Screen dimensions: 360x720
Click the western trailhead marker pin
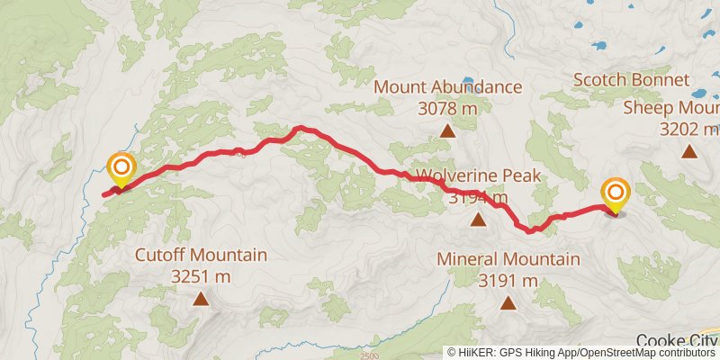pos(120,169)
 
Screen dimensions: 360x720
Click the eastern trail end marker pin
pos(616,194)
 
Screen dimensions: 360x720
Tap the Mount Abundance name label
pos(448,87)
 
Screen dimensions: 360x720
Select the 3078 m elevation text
pos(447,109)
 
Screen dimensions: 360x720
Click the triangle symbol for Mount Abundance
pos(447,131)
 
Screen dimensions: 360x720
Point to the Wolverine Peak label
pos(478,175)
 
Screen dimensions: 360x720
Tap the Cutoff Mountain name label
pos(201,255)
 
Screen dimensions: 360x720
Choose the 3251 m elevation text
pos(201,275)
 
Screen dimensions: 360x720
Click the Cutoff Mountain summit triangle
pos(201,298)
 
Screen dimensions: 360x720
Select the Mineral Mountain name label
pos(508,259)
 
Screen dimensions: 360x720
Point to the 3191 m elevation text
pos(508,281)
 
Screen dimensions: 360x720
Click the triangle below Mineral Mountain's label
pos(508,303)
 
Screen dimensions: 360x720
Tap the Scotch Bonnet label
pos(632,80)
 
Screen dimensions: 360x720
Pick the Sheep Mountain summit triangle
pos(688,151)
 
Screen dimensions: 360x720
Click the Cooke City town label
pos(677,340)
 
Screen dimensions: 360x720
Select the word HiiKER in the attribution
pos(475,353)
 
